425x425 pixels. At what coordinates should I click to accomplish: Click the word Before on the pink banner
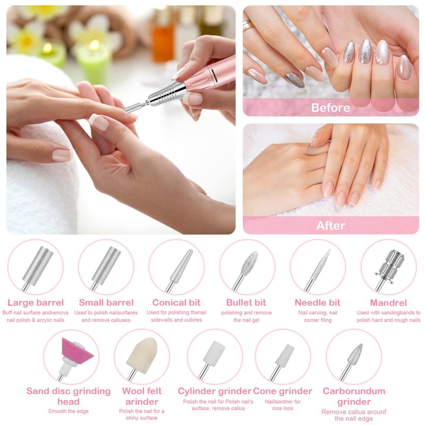point(330,108)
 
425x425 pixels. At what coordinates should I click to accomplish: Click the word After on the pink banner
point(330,225)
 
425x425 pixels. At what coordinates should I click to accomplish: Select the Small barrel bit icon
point(106,268)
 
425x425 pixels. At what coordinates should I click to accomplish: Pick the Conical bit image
point(178,270)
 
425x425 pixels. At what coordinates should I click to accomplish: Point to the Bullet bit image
point(245,270)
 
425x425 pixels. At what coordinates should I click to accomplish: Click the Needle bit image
point(317,270)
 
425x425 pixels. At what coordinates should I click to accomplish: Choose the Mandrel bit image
point(389,270)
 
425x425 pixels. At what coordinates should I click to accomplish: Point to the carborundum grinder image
point(352,361)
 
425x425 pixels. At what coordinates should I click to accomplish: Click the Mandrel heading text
point(388,303)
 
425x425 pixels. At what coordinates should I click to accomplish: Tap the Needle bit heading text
point(317,302)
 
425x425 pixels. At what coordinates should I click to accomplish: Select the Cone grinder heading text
point(283,391)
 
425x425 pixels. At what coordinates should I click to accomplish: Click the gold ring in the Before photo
point(248,25)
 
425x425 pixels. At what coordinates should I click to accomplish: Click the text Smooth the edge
point(69,411)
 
